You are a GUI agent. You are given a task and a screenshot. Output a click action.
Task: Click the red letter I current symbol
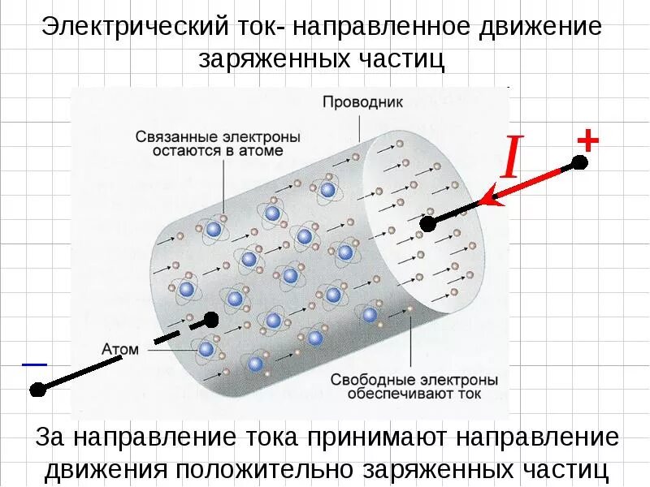[510, 158]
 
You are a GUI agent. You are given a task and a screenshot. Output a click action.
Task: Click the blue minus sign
[34, 364]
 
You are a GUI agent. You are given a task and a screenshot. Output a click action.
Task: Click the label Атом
[120, 349]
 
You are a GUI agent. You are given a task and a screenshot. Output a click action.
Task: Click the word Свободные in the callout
[370, 379]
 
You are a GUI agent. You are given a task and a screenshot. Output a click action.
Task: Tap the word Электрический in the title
[133, 26]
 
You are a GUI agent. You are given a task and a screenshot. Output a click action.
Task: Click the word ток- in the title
[258, 26]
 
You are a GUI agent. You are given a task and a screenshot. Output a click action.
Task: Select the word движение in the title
[537, 26]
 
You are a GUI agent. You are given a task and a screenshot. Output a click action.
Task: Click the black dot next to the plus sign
[579, 162]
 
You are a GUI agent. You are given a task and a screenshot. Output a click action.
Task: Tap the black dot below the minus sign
[36, 390]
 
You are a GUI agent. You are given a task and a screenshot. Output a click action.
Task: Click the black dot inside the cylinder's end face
[428, 223]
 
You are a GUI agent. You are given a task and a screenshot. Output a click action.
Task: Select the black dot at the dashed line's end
[211, 319]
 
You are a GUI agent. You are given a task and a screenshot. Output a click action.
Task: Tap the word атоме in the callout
[260, 151]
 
